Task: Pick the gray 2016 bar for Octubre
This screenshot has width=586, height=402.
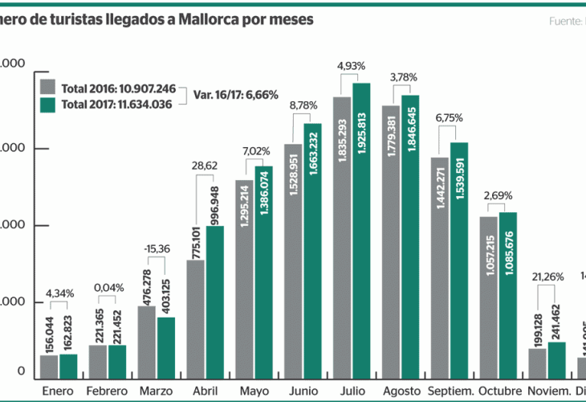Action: [x=488, y=297]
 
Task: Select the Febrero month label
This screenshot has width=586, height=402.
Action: [x=107, y=392]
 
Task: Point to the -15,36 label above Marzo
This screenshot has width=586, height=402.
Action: [x=157, y=249]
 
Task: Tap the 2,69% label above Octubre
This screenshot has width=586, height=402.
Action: [x=498, y=195]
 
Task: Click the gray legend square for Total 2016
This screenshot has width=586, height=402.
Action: [x=47, y=87]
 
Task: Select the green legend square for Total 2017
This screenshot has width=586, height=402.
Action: [x=47, y=105]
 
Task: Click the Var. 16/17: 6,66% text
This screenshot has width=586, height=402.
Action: [x=235, y=95]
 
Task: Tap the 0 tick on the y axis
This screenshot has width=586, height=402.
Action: [x=22, y=372]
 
